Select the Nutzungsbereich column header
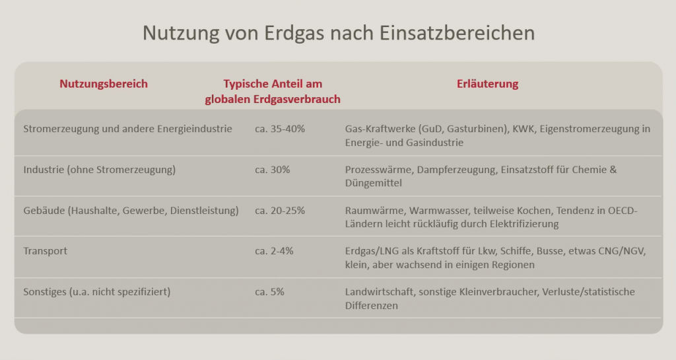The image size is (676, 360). tap(104, 84)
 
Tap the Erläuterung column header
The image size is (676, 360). tap(488, 84)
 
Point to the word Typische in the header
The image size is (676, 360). tap(246, 84)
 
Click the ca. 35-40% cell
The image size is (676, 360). tap(280, 129)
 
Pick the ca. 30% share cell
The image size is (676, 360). tap(273, 170)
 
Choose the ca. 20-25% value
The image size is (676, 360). tap(280, 211)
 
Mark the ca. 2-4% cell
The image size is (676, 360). tap(274, 251)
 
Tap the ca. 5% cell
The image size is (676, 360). tap(269, 291)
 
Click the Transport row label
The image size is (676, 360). tap(45, 251)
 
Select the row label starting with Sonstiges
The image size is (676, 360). tap(96, 291)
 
